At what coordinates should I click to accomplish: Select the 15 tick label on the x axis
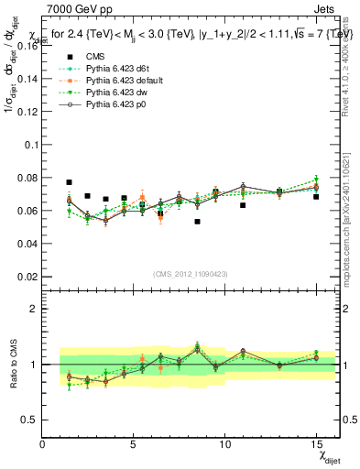[x=315, y=444]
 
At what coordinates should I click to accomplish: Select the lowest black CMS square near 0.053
[x=197, y=222]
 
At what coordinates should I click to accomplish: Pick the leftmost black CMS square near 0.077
[x=70, y=182]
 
